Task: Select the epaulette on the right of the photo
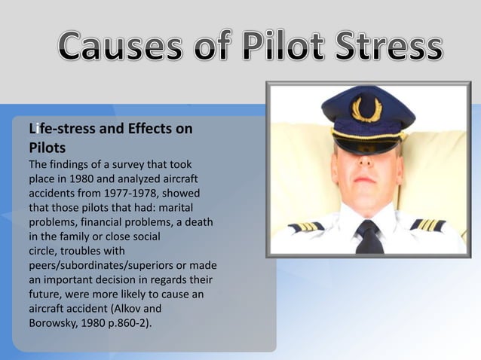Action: pos(427,224)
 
